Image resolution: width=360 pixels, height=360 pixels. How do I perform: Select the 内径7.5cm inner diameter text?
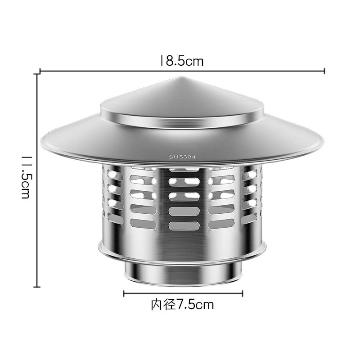point(182,305)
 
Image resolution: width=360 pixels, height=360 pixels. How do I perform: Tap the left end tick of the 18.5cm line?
point(40,71)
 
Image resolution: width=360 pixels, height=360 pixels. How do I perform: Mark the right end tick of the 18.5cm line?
point(324,71)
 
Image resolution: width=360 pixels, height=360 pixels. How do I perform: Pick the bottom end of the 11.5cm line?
point(38,286)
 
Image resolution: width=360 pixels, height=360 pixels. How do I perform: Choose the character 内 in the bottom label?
point(156,305)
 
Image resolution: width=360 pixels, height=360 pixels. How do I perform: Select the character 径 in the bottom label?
point(168,305)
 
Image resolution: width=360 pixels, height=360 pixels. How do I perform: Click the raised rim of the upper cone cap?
point(182,121)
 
